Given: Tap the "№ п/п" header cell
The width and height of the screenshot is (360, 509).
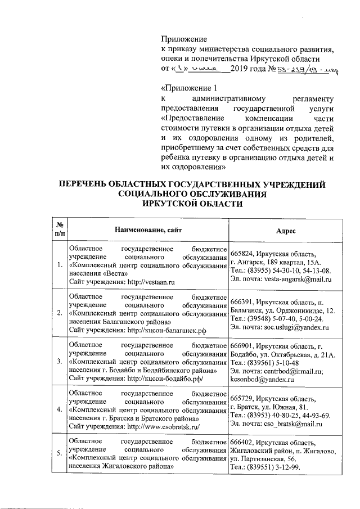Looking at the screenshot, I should tap(59, 230).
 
